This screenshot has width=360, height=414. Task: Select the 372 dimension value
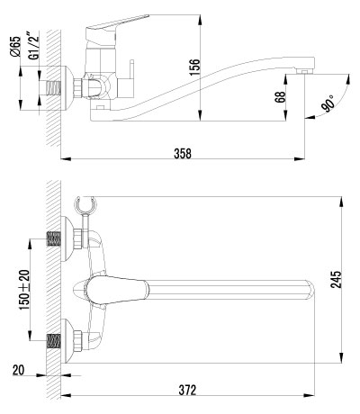(187, 390)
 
